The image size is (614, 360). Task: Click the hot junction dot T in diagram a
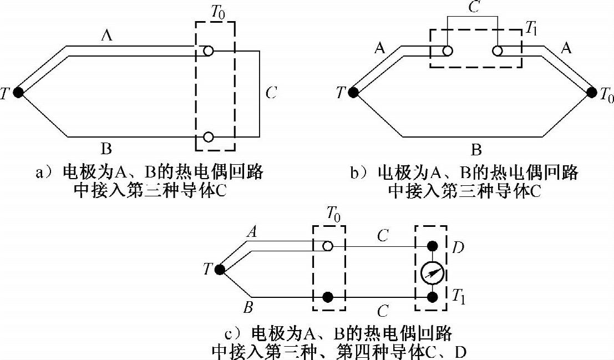[18, 93]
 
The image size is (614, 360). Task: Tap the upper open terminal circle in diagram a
[208, 51]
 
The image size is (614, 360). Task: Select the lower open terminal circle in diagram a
[208, 136]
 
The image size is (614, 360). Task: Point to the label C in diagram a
[271, 93]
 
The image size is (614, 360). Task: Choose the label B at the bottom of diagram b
[476, 150]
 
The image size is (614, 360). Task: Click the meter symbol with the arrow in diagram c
[431, 272]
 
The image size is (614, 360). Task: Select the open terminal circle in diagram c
[328, 246]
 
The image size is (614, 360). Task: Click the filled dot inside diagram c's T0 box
[328, 297]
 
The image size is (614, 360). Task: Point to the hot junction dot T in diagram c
[220, 270]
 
